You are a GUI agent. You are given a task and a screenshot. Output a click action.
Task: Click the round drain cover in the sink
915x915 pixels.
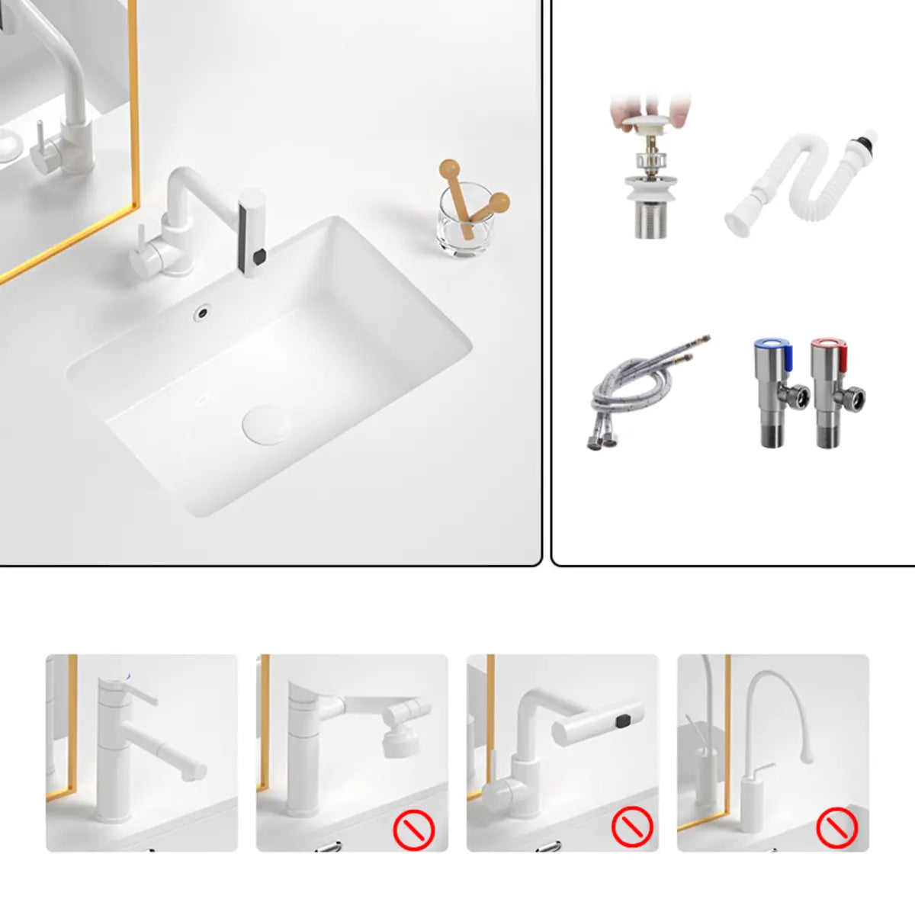[266, 424]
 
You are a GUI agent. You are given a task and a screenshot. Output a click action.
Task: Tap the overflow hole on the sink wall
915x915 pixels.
[203, 311]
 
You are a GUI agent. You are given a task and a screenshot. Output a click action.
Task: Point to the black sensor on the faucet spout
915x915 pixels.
[258, 255]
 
